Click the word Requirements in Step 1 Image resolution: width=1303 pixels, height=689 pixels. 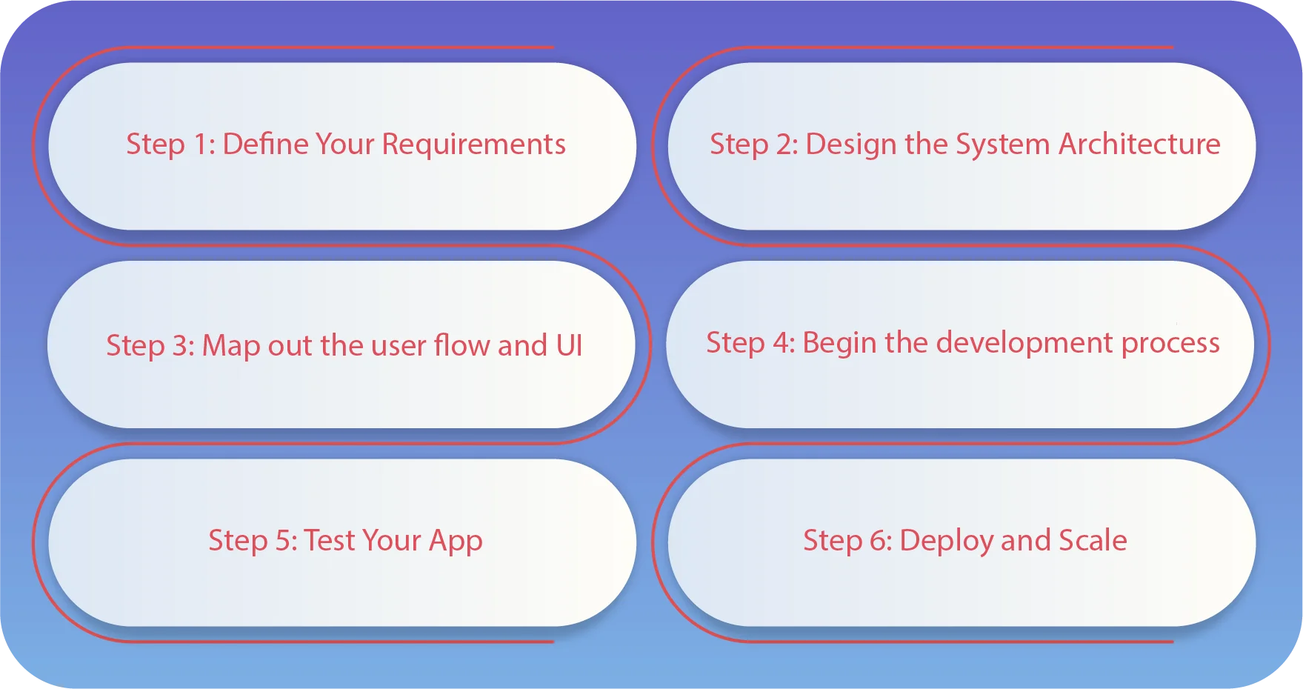coord(473,144)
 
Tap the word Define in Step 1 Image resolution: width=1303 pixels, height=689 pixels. coord(254,144)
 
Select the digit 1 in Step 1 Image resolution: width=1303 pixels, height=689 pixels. coord(200,144)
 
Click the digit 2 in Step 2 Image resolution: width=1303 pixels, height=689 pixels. coord(784,144)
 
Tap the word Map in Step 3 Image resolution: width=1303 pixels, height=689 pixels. coord(230,346)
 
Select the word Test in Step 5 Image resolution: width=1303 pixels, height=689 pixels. coord(330,541)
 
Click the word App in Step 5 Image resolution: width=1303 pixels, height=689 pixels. coord(456,542)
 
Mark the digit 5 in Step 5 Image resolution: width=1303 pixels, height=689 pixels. coord(283,541)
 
